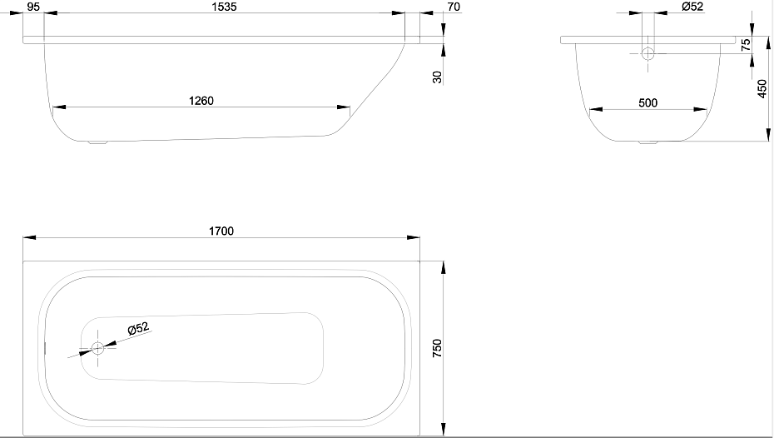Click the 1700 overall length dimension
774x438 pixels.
[x=221, y=231]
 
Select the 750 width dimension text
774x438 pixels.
[x=437, y=349]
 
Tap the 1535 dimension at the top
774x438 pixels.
[x=225, y=7]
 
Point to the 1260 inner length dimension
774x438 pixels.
[x=201, y=101]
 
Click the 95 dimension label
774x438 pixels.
[x=33, y=7]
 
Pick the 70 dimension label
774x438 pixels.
[x=454, y=7]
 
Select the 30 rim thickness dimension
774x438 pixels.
[x=437, y=77]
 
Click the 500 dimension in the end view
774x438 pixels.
[x=647, y=102]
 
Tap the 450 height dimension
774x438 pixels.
[x=762, y=88]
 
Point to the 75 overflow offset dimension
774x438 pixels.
[x=746, y=44]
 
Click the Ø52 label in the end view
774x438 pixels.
[x=692, y=7]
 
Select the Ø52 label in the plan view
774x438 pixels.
[x=138, y=328]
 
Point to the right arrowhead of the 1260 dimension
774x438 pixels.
[x=343, y=107]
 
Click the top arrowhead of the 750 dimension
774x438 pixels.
[x=444, y=268]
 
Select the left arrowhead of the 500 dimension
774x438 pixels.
[x=596, y=110]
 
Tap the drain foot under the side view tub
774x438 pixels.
[x=97, y=143]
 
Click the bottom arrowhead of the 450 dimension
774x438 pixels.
[x=768, y=134]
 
